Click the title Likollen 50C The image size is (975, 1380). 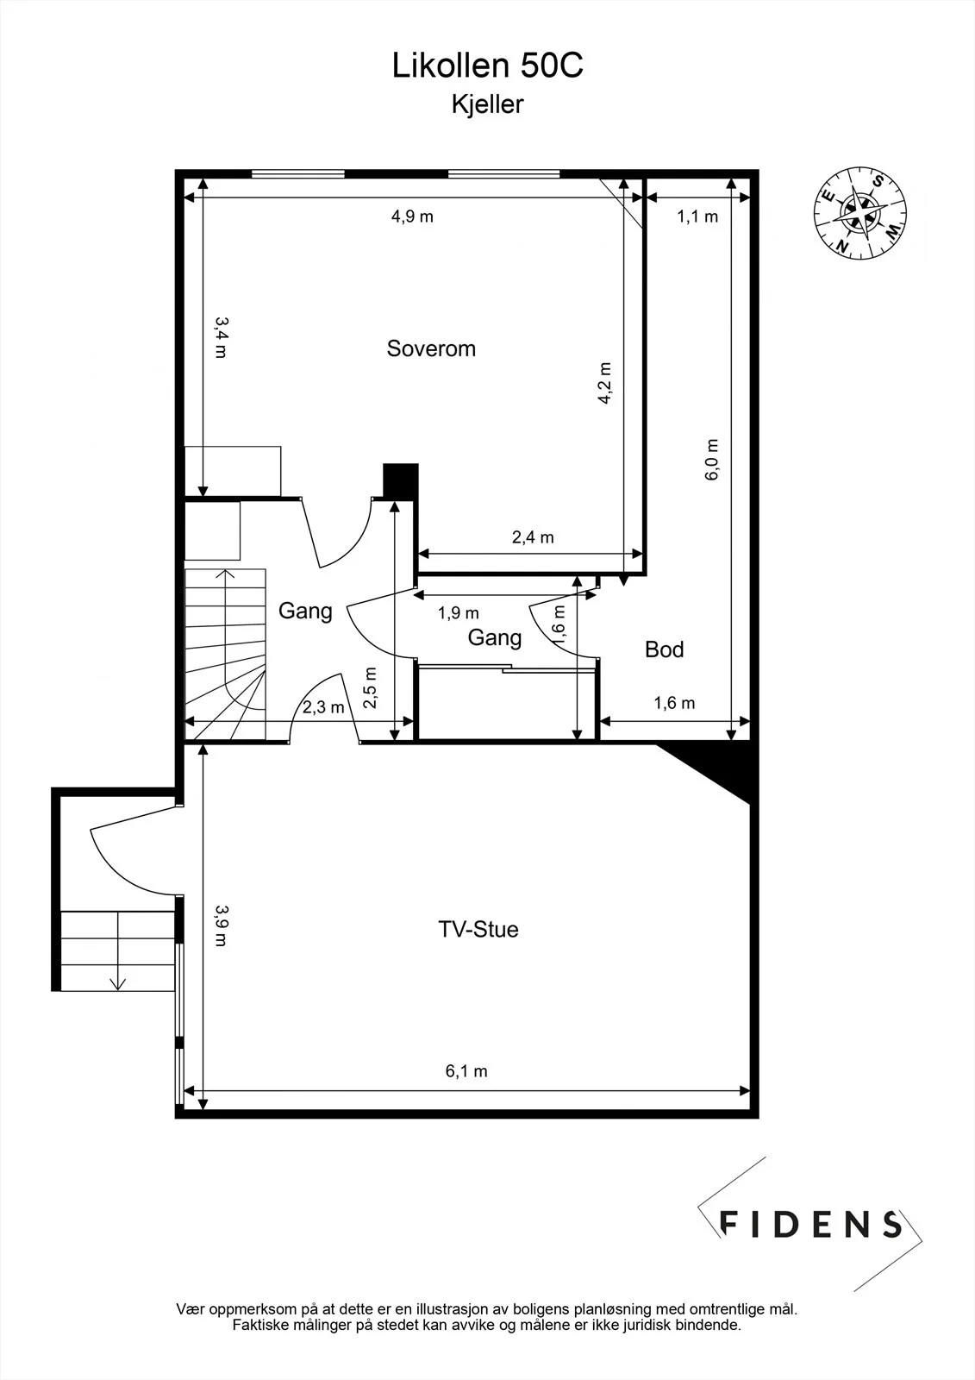tap(487, 66)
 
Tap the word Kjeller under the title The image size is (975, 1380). tap(487, 104)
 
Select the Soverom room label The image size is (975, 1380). tap(431, 348)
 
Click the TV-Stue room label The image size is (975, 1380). tap(478, 929)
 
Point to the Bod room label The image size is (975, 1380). tap(664, 649)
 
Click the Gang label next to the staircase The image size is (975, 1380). tap(305, 612)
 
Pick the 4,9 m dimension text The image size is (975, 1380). tap(412, 216)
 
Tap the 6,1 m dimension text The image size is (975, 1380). tap(466, 1071)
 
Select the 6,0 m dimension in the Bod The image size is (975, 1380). tap(711, 460)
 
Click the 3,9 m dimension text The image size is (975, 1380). tap(221, 925)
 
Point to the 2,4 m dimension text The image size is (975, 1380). tap(533, 537)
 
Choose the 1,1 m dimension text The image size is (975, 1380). tap(697, 216)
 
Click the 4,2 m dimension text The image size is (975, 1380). tap(605, 383)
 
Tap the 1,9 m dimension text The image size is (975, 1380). tap(459, 613)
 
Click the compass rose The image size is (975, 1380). tap(860, 213)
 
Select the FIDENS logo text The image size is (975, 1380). tap(810, 1224)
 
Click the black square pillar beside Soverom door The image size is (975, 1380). tap(400, 480)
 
